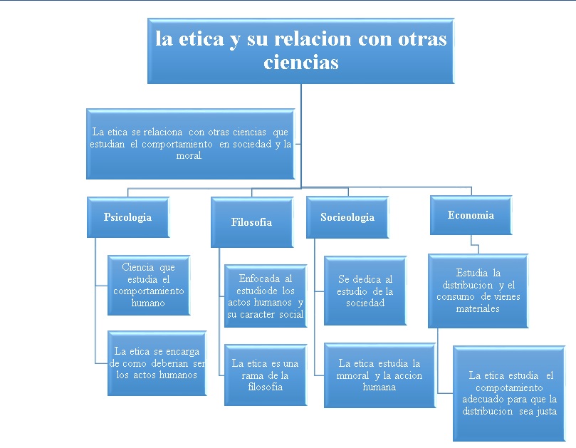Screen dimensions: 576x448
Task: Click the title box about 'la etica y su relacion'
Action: pos(301,50)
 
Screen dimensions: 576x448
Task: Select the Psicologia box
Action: pos(128,217)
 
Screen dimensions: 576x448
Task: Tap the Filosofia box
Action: pos(251,222)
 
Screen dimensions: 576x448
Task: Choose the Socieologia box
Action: pos(347,217)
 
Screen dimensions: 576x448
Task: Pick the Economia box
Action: pos(471,215)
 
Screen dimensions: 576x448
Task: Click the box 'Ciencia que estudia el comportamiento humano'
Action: pos(148,285)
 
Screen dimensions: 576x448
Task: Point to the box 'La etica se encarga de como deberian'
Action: pos(157,363)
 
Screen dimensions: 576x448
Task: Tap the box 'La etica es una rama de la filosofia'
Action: pos(265,375)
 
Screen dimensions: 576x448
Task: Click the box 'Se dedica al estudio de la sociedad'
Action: pos(365,291)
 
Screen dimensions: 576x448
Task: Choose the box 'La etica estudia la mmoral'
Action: pos(379,375)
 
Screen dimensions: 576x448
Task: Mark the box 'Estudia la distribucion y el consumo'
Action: pos(478,290)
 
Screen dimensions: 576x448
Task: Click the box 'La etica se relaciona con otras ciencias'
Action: pos(191,144)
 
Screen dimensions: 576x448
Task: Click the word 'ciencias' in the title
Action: pos(300,63)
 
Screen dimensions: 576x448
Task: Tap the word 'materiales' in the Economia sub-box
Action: pos(478,308)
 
